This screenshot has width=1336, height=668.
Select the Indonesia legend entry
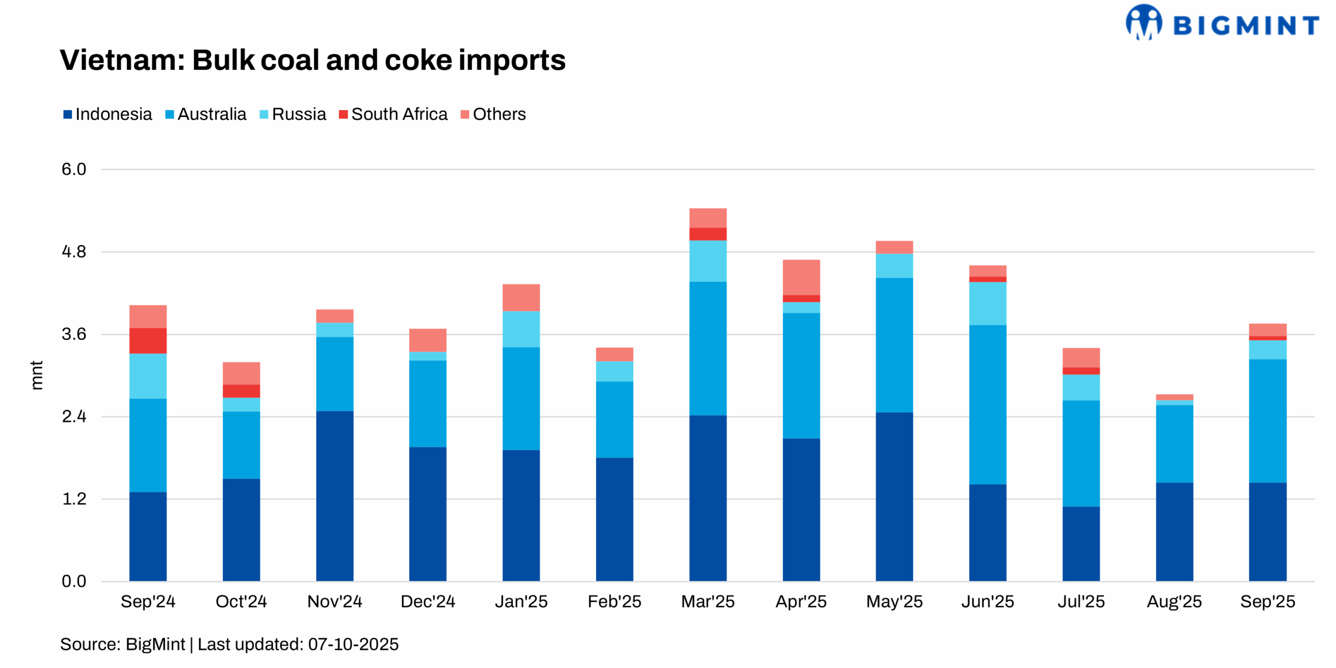(x=108, y=114)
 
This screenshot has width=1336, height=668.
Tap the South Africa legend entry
(x=393, y=114)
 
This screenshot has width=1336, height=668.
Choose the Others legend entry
(x=493, y=114)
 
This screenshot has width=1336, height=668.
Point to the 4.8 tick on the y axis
(x=74, y=252)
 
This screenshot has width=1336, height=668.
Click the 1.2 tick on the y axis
(x=74, y=498)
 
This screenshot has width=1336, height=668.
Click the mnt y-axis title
(x=36, y=375)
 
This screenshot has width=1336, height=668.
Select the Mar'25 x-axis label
(x=707, y=601)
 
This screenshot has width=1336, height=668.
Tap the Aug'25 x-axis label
(x=1174, y=601)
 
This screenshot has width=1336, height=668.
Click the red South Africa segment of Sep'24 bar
(x=148, y=341)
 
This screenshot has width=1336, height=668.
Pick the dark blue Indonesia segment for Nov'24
(x=335, y=496)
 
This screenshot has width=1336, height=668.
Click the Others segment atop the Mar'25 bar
(x=708, y=218)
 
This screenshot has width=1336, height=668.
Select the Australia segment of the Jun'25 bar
(x=987, y=404)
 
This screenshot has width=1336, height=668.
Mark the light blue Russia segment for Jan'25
(x=521, y=329)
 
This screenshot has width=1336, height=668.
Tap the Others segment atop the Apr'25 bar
(x=801, y=277)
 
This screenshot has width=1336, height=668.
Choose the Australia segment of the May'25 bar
(x=894, y=344)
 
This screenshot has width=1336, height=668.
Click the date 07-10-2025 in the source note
(x=353, y=644)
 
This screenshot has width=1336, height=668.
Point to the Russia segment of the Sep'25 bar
(x=1267, y=350)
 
